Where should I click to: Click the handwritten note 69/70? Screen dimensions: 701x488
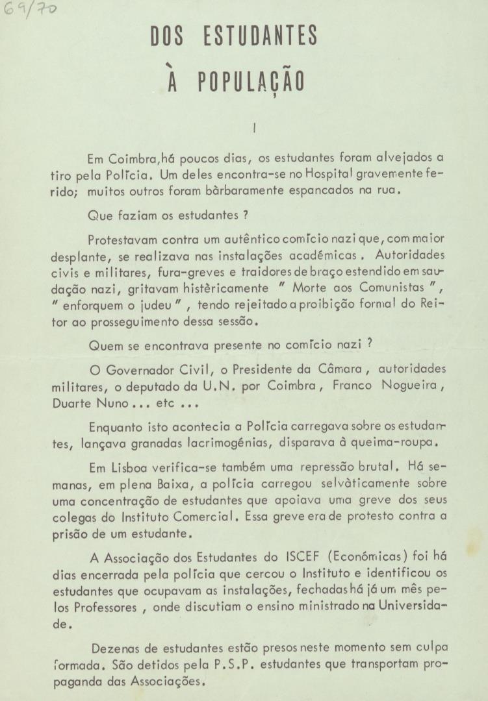[29, 10]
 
